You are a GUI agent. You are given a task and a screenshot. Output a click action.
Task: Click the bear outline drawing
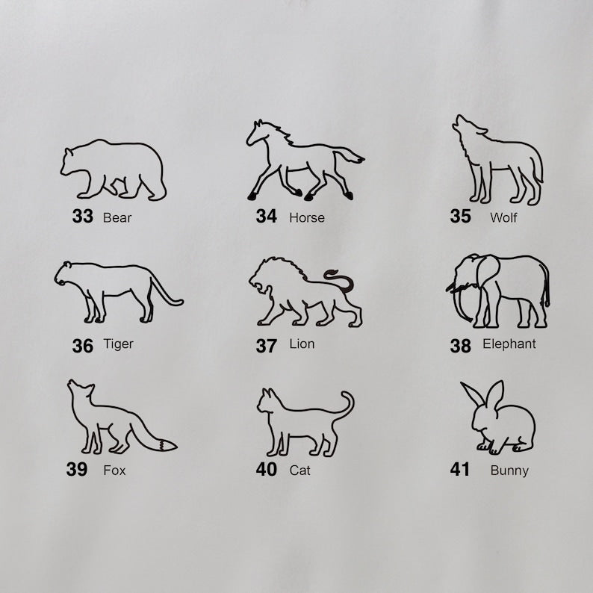[x=114, y=143]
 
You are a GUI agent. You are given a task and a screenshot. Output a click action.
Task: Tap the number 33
[x=82, y=217]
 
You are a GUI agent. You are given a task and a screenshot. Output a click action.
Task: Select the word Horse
[x=307, y=218]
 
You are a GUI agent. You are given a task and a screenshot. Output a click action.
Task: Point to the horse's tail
[x=349, y=155]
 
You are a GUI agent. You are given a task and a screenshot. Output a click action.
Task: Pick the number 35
[x=460, y=217]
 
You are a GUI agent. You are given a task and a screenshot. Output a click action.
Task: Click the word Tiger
[x=118, y=344]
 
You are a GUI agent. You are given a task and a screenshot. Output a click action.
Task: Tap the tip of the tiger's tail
[x=181, y=302]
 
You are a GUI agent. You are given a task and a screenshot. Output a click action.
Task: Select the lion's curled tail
[x=341, y=281]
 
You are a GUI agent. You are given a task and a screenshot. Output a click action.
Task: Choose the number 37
[x=266, y=346]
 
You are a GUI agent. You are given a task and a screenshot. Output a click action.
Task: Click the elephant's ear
[x=487, y=270]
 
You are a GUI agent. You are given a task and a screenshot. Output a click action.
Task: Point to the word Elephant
[x=509, y=344]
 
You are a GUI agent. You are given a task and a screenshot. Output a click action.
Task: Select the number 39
[x=77, y=469]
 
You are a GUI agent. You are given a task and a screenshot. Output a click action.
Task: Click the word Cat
[x=300, y=471]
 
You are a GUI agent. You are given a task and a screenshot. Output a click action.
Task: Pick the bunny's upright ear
[x=496, y=394]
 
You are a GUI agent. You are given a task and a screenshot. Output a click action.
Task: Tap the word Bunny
[x=509, y=471]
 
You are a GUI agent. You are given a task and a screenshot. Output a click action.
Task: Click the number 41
[x=459, y=469]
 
